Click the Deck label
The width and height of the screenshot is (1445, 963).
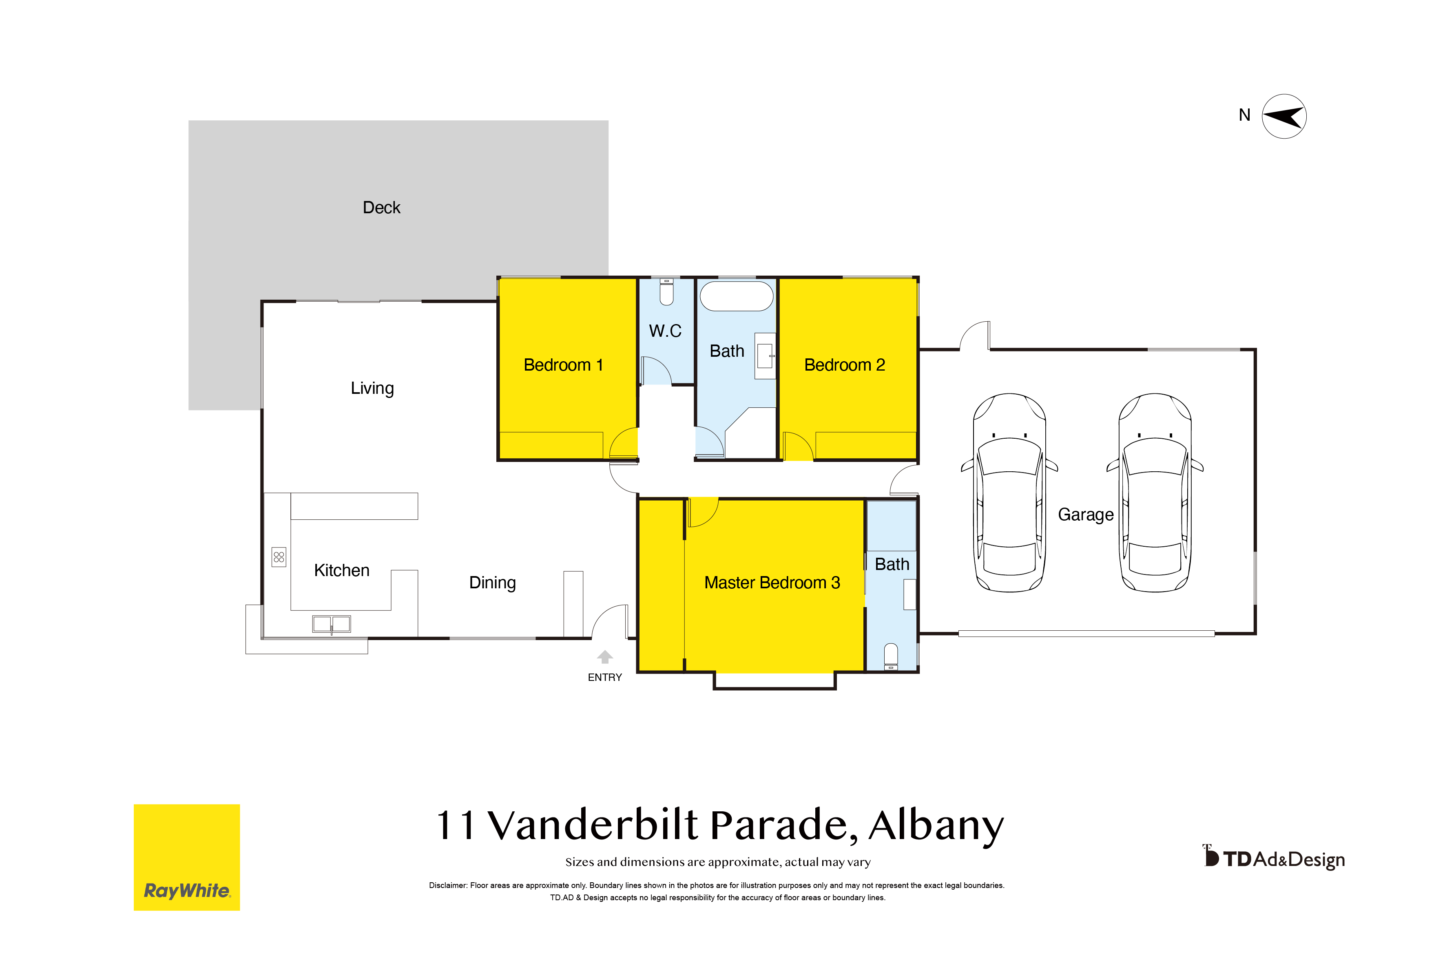(x=381, y=208)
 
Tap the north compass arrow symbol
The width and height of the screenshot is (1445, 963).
(x=1284, y=116)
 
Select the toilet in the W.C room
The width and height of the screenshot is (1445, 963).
(x=666, y=292)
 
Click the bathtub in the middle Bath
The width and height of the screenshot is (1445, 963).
(x=737, y=296)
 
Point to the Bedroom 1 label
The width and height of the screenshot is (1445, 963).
(x=563, y=365)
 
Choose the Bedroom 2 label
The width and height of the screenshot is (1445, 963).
(x=844, y=365)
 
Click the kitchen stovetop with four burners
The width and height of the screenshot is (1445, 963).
(x=279, y=557)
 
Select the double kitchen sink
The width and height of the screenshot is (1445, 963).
(x=331, y=624)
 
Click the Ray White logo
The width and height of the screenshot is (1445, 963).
(x=187, y=857)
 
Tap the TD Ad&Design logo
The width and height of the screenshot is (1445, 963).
(x=1274, y=857)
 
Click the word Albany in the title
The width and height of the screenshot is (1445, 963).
(x=936, y=826)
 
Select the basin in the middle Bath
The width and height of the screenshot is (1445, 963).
(x=765, y=356)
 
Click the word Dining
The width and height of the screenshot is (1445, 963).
(x=492, y=583)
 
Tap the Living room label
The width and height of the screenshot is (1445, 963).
(x=372, y=388)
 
